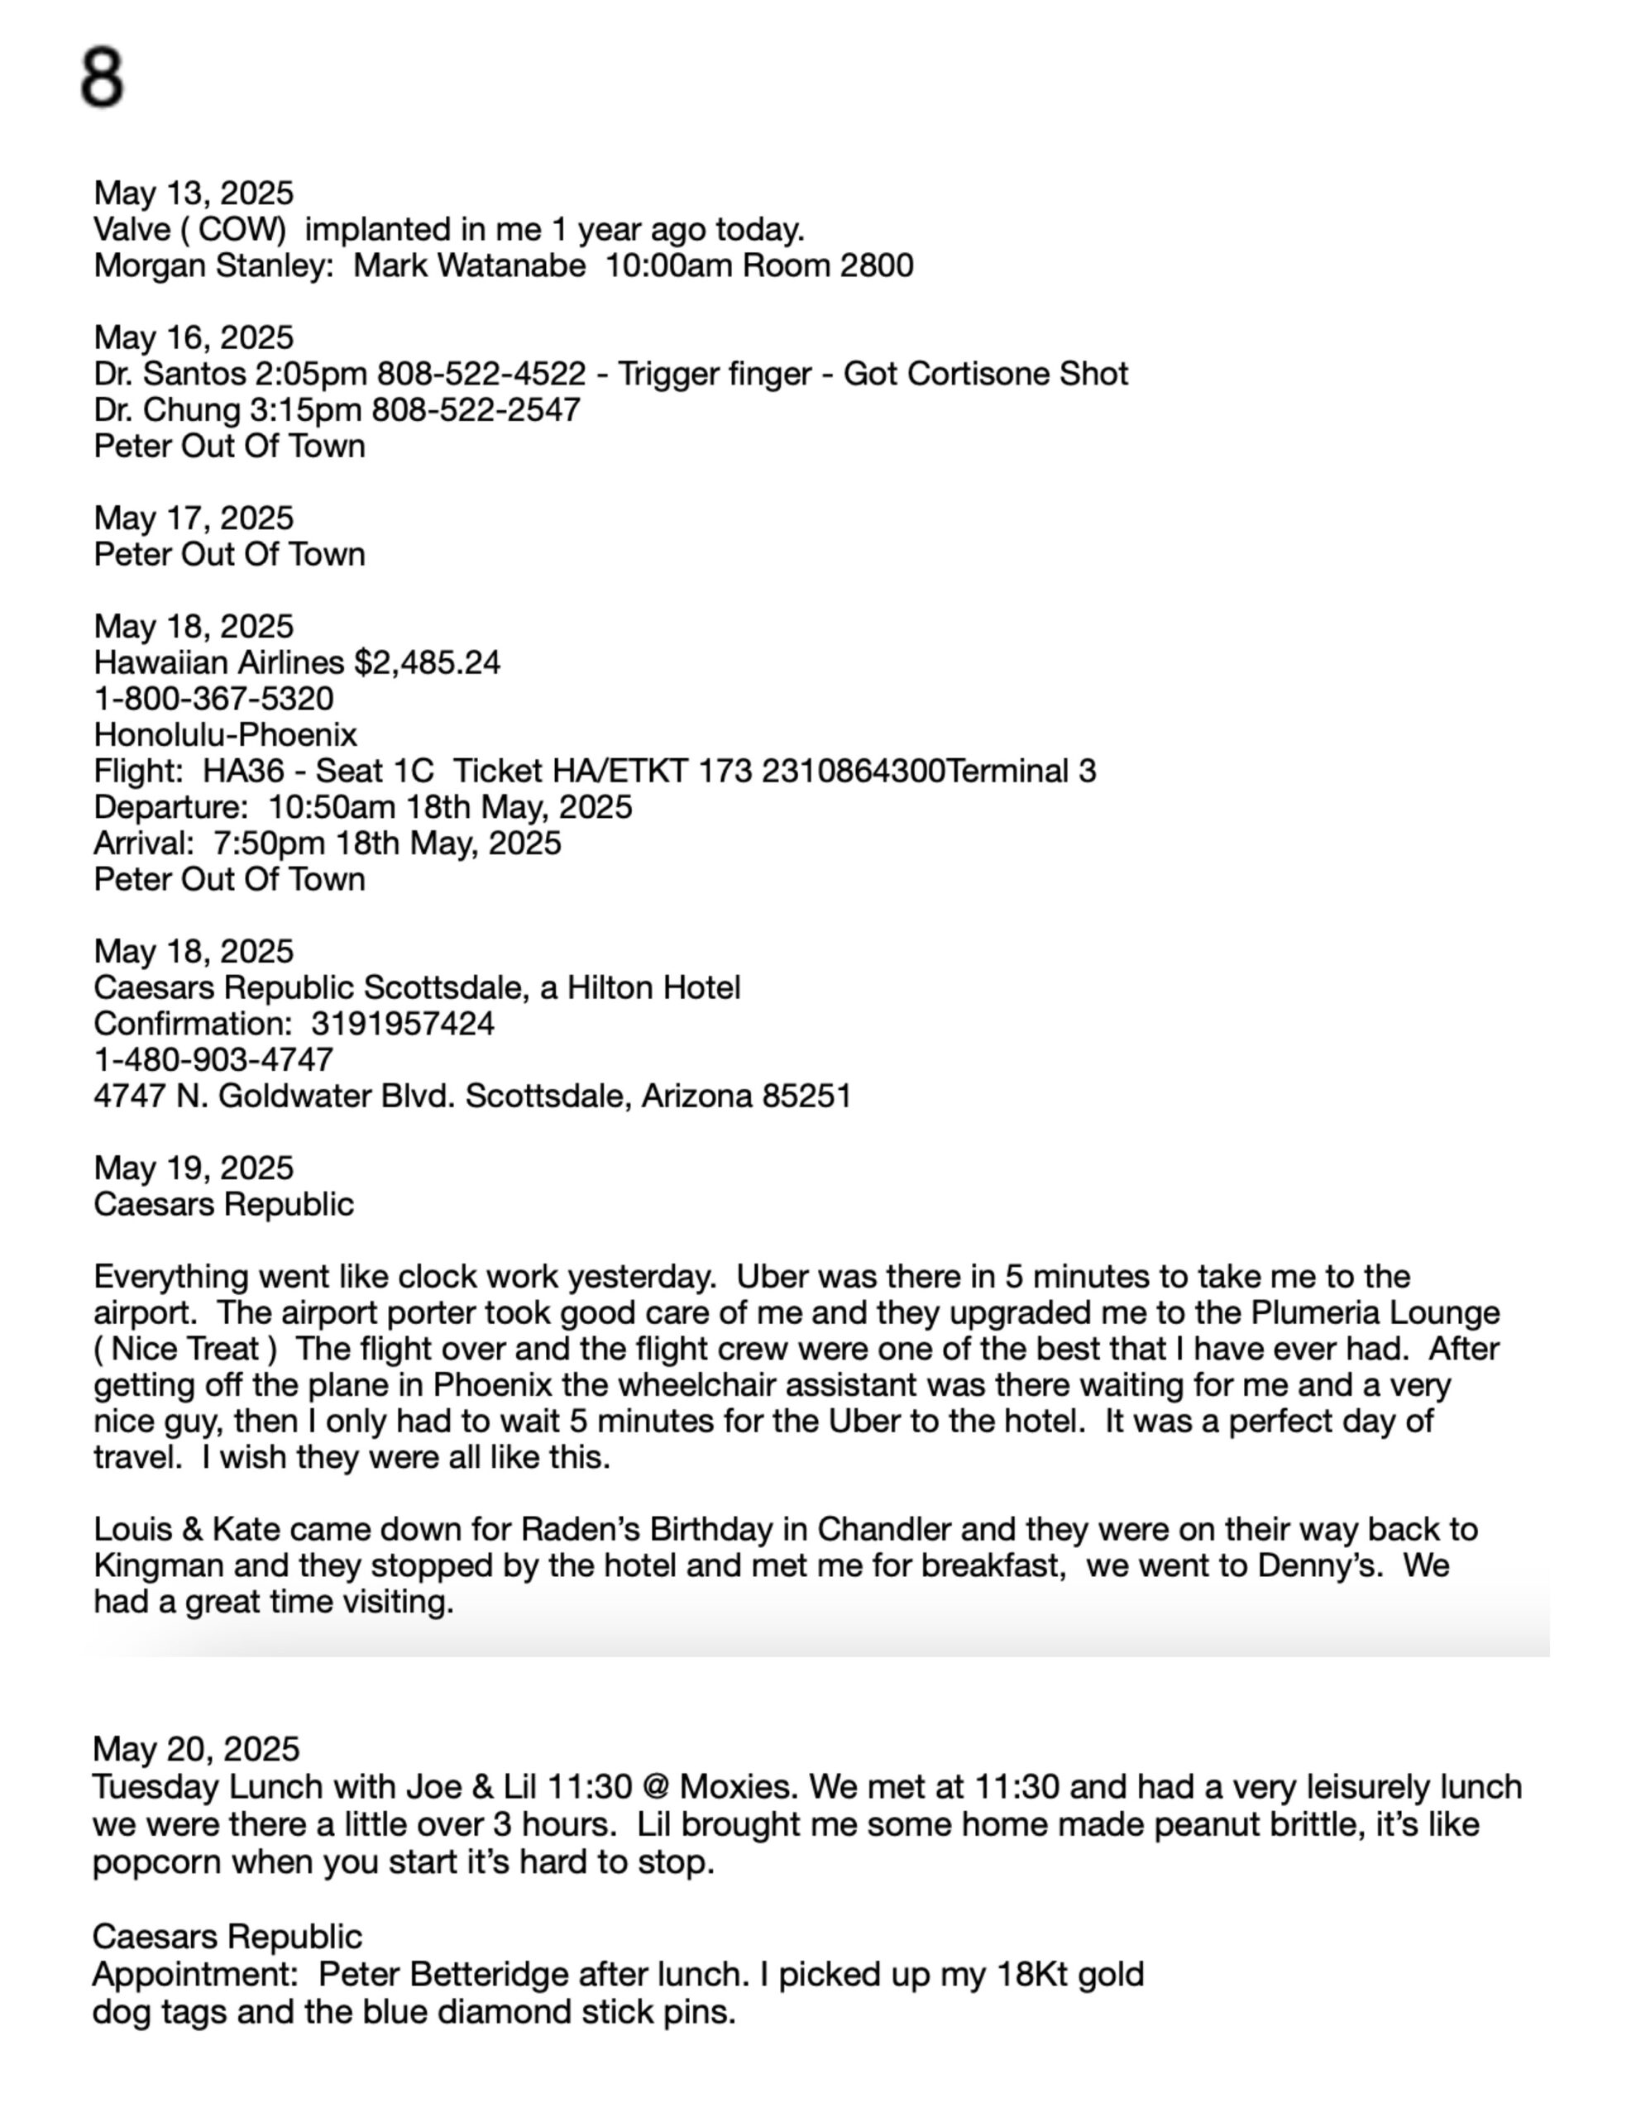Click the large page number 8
[x=102, y=78]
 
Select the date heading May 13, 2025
[x=193, y=194]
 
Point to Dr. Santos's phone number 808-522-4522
[x=481, y=374]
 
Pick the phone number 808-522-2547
[x=476, y=410]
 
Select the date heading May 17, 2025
[x=193, y=518]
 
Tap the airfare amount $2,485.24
[x=427, y=663]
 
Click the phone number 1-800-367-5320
[x=213, y=699]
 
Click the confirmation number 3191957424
[x=403, y=1024]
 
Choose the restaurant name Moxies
[x=735, y=1785]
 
